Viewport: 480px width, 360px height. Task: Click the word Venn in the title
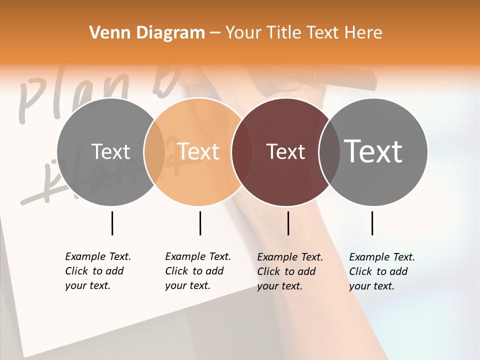[109, 33]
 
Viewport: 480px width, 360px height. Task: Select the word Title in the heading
[283, 33]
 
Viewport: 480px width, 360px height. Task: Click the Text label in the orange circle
[198, 151]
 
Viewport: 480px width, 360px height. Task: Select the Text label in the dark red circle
[285, 152]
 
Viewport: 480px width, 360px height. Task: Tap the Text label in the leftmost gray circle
[111, 152]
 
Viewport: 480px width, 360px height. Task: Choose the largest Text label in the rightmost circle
[373, 151]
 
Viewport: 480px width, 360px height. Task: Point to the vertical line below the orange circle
[200, 223]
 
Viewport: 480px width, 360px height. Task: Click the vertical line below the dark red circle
[288, 223]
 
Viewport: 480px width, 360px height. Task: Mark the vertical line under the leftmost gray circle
[112, 223]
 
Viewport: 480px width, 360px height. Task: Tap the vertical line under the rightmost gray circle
[372, 223]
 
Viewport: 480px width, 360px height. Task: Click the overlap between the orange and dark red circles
[238, 152]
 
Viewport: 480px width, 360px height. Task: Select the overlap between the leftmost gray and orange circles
[154, 152]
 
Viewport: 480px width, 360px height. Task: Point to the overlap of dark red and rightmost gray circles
[326, 152]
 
